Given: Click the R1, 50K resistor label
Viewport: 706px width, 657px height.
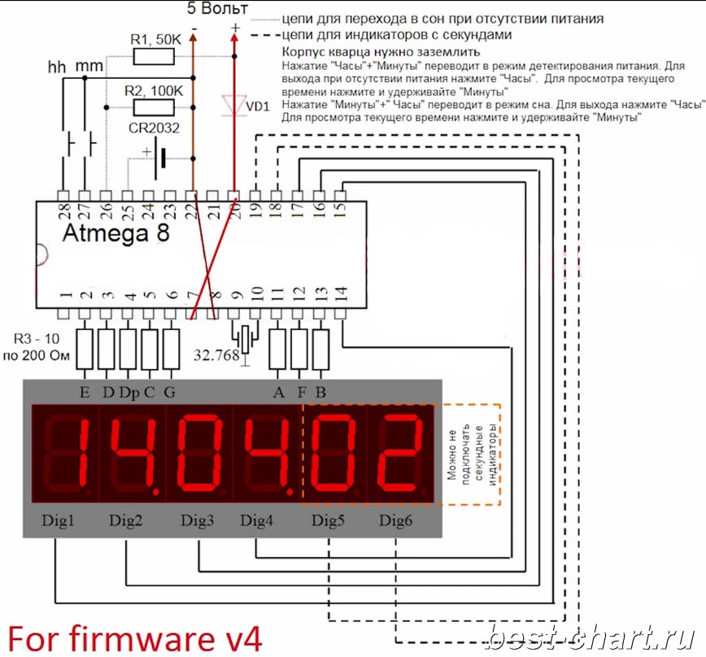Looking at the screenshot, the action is (x=155, y=40).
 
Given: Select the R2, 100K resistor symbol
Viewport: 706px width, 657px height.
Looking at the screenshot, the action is (x=154, y=107).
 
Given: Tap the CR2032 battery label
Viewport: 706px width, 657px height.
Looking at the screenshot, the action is (x=154, y=128).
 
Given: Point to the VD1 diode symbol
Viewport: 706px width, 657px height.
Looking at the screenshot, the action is (x=234, y=106).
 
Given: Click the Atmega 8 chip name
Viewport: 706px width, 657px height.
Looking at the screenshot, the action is (x=116, y=233).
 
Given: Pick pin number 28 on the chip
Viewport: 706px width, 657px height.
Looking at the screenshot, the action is (x=64, y=211).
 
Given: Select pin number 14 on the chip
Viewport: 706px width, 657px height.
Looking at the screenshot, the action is (x=340, y=294).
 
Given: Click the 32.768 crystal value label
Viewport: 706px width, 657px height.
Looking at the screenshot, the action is (x=216, y=355).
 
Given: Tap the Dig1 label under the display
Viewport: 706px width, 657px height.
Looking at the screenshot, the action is (x=58, y=520).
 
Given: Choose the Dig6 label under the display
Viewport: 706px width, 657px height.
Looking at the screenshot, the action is (x=395, y=520).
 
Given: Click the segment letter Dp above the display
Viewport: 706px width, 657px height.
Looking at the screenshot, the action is (x=129, y=393).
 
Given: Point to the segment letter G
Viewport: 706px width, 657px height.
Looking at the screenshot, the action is (x=169, y=393).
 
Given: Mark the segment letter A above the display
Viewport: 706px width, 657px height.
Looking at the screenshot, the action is (x=279, y=393).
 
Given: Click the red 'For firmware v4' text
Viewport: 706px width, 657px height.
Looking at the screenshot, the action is (x=135, y=638).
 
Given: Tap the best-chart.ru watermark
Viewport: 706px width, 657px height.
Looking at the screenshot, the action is (x=591, y=637).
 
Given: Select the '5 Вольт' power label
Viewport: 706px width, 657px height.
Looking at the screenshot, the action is (x=217, y=8).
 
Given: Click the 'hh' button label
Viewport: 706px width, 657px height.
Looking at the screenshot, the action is (x=57, y=67).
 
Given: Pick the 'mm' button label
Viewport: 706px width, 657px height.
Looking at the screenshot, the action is (x=89, y=67).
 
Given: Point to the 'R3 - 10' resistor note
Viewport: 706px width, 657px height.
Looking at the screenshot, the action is (x=37, y=338).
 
